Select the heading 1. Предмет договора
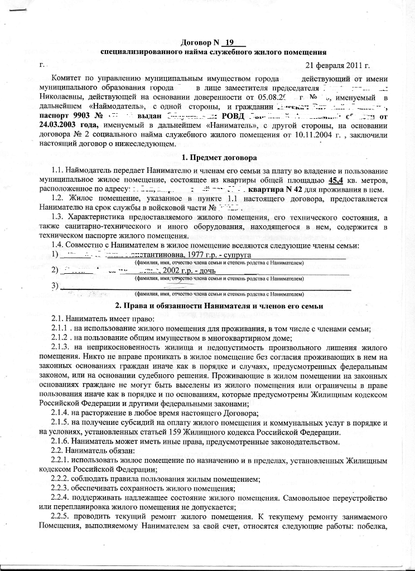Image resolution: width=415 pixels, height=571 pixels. coord(207,158)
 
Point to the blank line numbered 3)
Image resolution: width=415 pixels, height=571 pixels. coord(206,287)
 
